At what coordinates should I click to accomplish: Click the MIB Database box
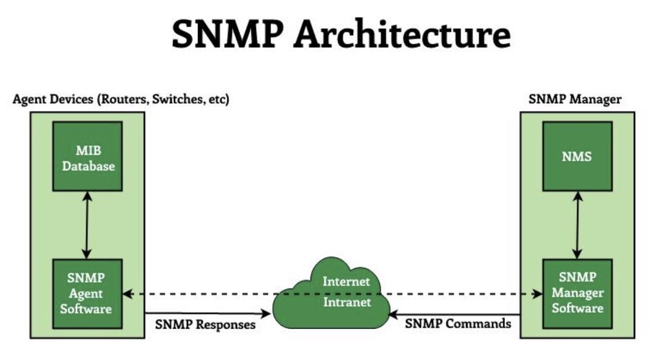coord(87,157)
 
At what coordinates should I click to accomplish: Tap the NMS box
coord(577,157)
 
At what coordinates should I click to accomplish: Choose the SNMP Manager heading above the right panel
coord(575,99)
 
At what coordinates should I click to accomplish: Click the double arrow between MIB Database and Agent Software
coord(87,225)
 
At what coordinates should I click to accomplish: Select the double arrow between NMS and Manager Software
coord(577,225)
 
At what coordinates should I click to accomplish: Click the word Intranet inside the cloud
coord(347,301)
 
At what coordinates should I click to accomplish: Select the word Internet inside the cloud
coord(347,281)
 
